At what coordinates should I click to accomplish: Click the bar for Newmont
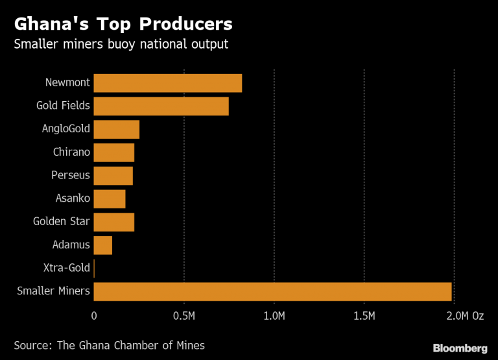168,83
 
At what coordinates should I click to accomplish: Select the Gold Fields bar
161,106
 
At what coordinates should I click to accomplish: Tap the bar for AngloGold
117,130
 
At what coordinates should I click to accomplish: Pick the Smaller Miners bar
272,292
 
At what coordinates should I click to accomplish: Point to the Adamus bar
103,245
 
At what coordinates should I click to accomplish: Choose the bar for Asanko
110,199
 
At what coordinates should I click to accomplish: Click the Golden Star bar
114,222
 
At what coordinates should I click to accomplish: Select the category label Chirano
71,152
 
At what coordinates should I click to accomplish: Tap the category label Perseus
71,176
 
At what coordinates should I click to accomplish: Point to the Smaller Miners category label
53,291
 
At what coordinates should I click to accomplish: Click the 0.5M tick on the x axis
184,316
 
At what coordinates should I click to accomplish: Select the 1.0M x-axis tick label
274,316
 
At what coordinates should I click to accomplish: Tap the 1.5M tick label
364,316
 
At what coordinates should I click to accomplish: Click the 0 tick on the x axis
94,316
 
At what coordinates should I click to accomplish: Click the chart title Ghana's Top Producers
123,25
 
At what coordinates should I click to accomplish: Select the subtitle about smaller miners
121,45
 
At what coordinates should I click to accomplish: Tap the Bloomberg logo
460,346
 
